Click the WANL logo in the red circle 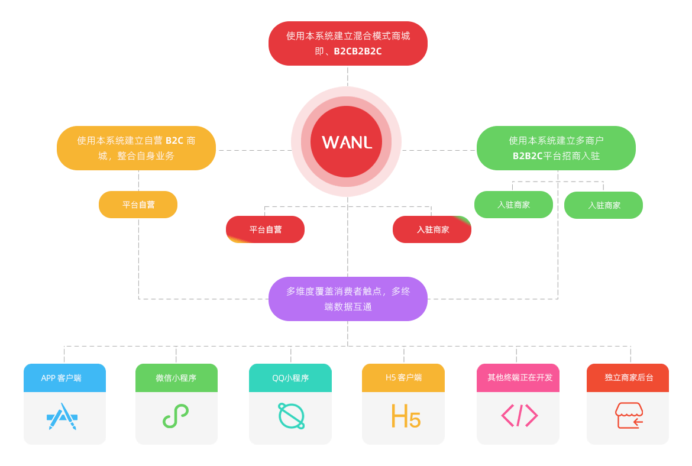click(x=347, y=142)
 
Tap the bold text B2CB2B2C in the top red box click(x=357, y=51)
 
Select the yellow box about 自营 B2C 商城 click(x=136, y=148)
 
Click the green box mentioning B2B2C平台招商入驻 click(x=556, y=148)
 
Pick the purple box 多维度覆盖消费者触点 click(x=348, y=299)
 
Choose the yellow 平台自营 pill click(x=138, y=205)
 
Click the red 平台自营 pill click(x=265, y=229)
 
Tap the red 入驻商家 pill click(x=432, y=229)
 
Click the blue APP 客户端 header click(x=64, y=378)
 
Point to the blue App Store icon click(x=62, y=416)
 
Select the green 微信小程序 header click(x=176, y=378)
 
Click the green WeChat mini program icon click(x=176, y=416)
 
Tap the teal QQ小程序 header click(x=290, y=378)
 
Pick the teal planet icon click(x=292, y=416)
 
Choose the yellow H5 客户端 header click(x=403, y=378)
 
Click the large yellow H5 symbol click(x=406, y=416)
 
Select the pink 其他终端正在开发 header click(x=518, y=378)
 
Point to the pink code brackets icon click(x=519, y=416)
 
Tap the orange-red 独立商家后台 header click(x=628, y=378)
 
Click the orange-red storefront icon click(x=629, y=416)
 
